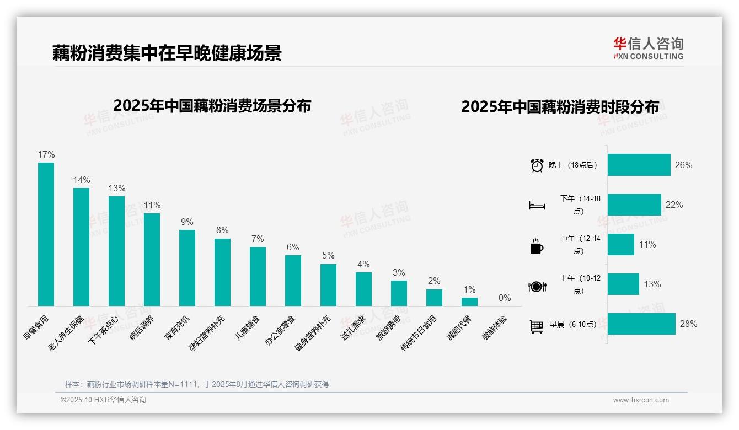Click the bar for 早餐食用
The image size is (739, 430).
(46, 234)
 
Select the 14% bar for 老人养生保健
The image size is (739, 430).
(81, 246)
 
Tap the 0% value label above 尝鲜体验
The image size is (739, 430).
(505, 298)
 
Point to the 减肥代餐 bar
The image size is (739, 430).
(469, 302)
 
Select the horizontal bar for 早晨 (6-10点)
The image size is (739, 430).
(641, 324)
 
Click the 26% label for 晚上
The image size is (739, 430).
(683, 165)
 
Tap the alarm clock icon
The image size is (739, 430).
(537, 165)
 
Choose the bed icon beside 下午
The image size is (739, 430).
(537, 206)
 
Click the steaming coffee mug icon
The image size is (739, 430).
(537, 246)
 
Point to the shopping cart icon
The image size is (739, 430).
(537, 326)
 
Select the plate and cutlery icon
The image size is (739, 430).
(537, 286)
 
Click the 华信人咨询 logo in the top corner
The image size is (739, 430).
(648, 49)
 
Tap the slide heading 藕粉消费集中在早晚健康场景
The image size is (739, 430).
(167, 53)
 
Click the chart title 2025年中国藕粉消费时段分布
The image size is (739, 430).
(560, 107)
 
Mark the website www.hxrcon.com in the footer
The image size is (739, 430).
(641, 400)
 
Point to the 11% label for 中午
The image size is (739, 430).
(647, 245)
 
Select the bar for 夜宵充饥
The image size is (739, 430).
(187, 267)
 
